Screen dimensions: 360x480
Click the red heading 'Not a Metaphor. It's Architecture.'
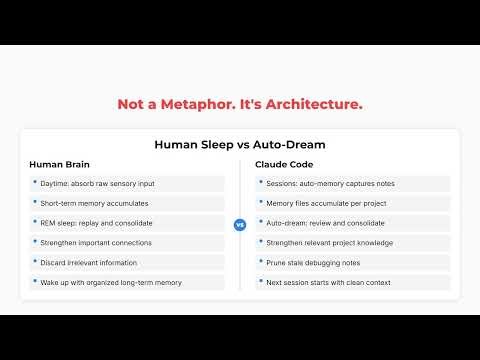tap(240, 104)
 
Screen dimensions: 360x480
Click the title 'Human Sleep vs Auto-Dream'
tap(240, 144)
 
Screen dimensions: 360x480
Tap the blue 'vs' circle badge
tap(240, 225)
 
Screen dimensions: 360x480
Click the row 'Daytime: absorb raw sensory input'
tap(126, 184)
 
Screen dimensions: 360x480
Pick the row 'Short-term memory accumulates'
tap(126, 203)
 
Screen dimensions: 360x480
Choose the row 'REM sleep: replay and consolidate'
tap(126, 223)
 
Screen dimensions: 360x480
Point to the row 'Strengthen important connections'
tap(126, 243)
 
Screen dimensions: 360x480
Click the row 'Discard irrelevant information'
tap(126, 263)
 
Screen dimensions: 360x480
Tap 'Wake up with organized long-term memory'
tap(126, 283)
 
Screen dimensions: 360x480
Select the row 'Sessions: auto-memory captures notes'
tap(352, 184)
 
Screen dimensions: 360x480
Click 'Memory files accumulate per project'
tap(352, 203)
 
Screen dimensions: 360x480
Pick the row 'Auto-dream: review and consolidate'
tap(352, 223)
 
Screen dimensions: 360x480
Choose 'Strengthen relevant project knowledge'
tap(352, 243)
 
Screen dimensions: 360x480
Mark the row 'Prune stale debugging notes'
tap(352, 263)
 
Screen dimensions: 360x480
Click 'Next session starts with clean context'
tap(352, 283)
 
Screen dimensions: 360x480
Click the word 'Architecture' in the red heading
tap(314, 104)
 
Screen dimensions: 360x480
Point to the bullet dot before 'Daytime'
tap(35, 184)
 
